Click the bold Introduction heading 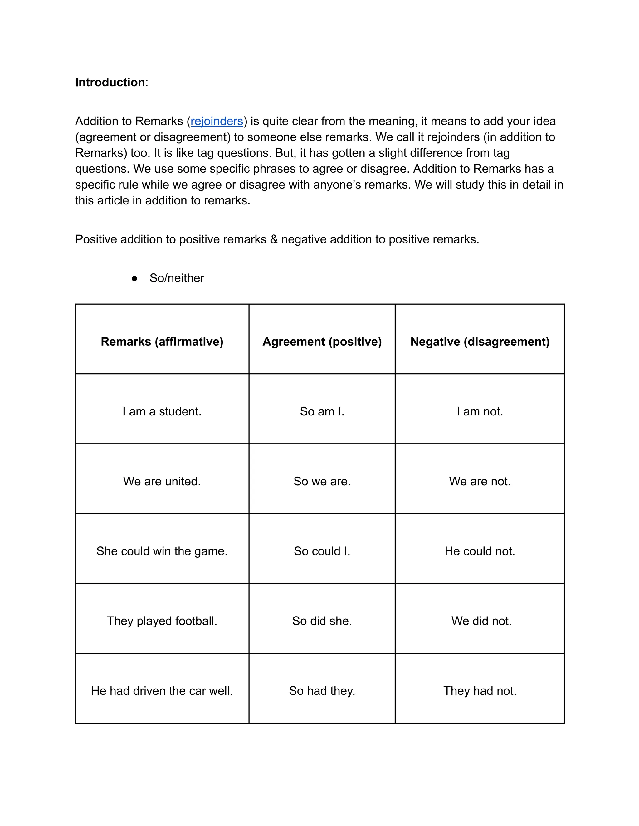click(x=110, y=83)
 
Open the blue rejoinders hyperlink click(x=217, y=121)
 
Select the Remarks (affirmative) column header click(x=162, y=342)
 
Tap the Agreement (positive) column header click(x=322, y=342)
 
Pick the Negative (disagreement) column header click(x=480, y=342)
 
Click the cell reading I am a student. click(x=162, y=411)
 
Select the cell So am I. click(x=322, y=411)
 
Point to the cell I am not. click(x=480, y=411)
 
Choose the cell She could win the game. click(x=162, y=551)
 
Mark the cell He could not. click(x=480, y=551)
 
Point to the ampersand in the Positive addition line click(x=274, y=239)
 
